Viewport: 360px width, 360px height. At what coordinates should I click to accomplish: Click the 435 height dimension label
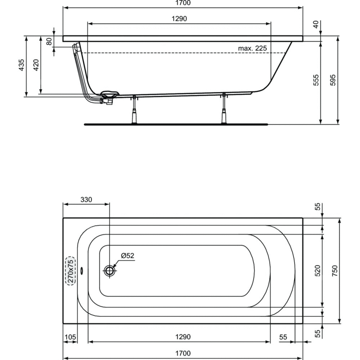[21, 65]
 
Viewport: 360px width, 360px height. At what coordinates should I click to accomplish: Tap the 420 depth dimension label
[36, 65]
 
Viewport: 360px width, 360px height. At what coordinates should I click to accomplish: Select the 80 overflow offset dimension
[49, 41]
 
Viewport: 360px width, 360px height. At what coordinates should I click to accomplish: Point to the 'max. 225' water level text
[252, 49]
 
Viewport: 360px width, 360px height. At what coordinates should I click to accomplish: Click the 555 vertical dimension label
[316, 80]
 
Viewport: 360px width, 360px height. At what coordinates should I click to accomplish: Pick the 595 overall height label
[333, 80]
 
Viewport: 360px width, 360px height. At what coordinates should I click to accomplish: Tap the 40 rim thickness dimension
[316, 24]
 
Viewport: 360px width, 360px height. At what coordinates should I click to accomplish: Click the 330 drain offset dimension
[86, 200]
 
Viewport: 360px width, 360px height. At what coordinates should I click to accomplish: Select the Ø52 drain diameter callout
[127, 256]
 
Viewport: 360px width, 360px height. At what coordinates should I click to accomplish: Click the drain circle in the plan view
[109, 271]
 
